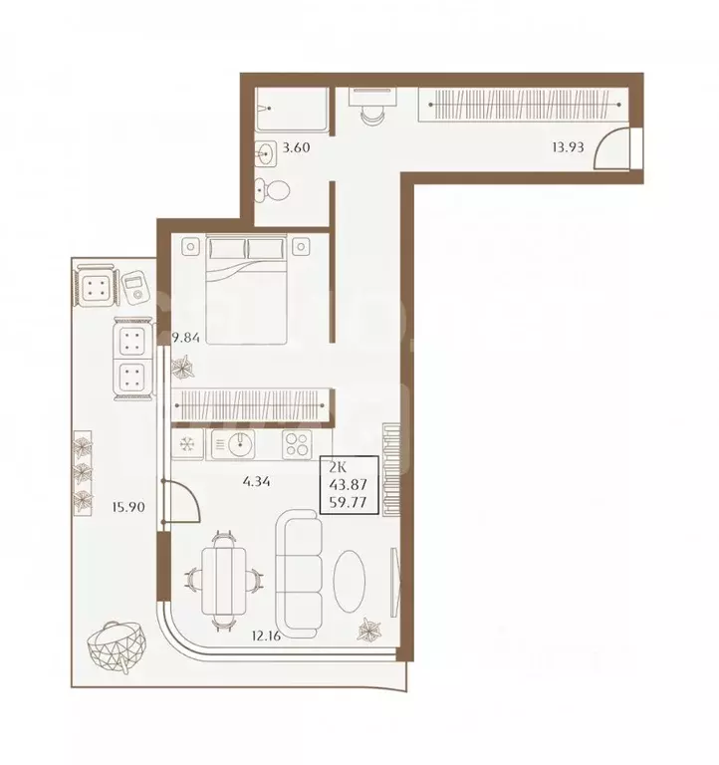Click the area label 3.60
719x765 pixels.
296,146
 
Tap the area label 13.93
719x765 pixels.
568,146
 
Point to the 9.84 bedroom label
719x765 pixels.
186,337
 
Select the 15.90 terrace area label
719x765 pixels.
128,507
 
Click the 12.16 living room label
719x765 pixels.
266,636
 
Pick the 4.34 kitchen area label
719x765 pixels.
256,482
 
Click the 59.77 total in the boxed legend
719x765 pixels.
348,502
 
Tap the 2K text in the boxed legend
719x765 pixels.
338,467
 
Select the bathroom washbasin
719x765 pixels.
265,153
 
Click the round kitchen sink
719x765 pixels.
240,443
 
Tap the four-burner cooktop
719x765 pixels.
297,444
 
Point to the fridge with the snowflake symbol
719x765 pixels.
187,444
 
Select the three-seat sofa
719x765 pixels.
299,574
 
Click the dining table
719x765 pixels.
224,581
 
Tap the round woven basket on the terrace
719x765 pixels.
117,646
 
